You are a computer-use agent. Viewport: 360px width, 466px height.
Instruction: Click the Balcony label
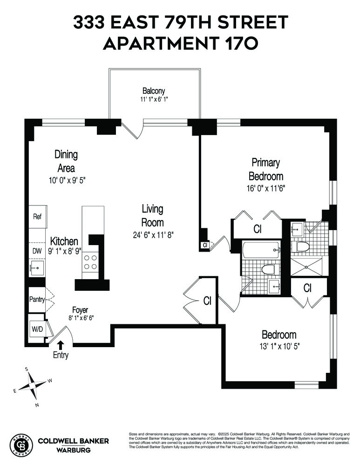(x=154, y=91)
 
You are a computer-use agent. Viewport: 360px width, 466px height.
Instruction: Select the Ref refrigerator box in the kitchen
(x=37, y=217)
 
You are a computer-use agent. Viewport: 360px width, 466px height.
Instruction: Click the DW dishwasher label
(x=37, y=251)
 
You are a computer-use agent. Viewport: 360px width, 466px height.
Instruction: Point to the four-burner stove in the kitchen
(x=90, y=261)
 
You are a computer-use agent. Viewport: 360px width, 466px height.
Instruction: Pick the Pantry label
(x=36, y=299)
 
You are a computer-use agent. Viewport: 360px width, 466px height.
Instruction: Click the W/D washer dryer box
(x=36, y=329)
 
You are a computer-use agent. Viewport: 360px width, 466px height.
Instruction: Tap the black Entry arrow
(x=61, y=345)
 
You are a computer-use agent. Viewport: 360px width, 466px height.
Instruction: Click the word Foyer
(x=80, y=310)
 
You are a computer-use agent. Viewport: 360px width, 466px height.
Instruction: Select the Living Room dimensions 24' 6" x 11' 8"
(x=153, y=234)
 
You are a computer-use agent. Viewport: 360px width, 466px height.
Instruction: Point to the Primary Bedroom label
(x=266, y=169)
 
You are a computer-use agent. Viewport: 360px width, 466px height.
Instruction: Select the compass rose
(x=34, y=385)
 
